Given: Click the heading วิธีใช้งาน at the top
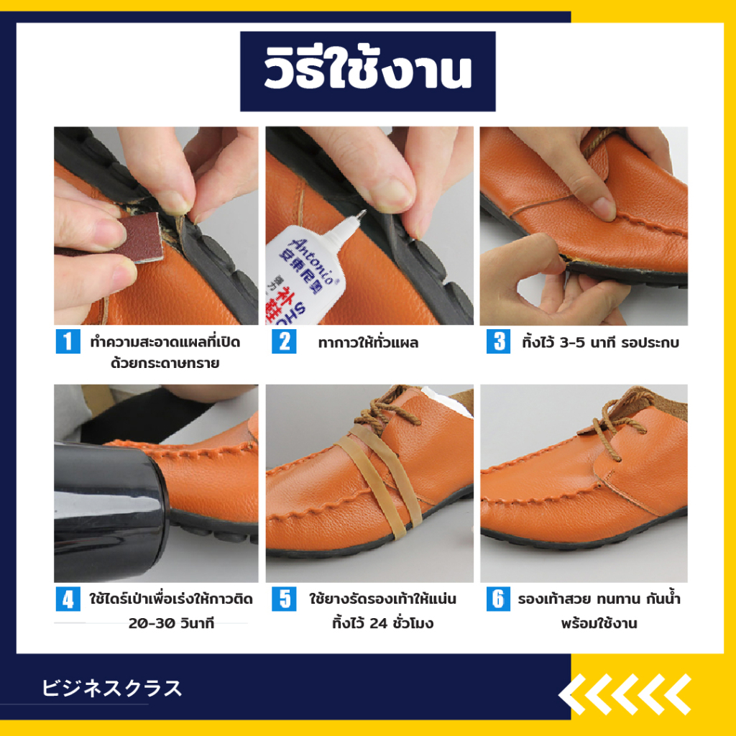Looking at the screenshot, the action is pos(367,71).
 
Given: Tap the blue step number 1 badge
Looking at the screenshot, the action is pos(68,341).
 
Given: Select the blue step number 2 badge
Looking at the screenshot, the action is pos(284,341).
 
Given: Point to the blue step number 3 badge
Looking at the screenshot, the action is pos(499,341).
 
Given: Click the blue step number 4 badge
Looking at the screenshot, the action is pos(68,599).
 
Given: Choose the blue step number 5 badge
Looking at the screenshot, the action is pos(284,599).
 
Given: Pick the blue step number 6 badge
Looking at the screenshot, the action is pos(499,599).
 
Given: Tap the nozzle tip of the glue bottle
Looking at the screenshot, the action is pos(361,214).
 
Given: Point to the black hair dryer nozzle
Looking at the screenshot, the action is pos(111,511).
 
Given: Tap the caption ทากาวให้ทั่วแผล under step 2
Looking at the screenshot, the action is pos(368,343).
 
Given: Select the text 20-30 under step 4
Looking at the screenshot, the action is pos(147,623).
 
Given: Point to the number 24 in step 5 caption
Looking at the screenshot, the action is pos(379,623).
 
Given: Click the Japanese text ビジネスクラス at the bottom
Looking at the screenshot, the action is pos(111,688).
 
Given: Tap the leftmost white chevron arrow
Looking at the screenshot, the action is pos(572,694).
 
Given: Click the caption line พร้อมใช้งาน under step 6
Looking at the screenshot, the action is pos(599,623).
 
